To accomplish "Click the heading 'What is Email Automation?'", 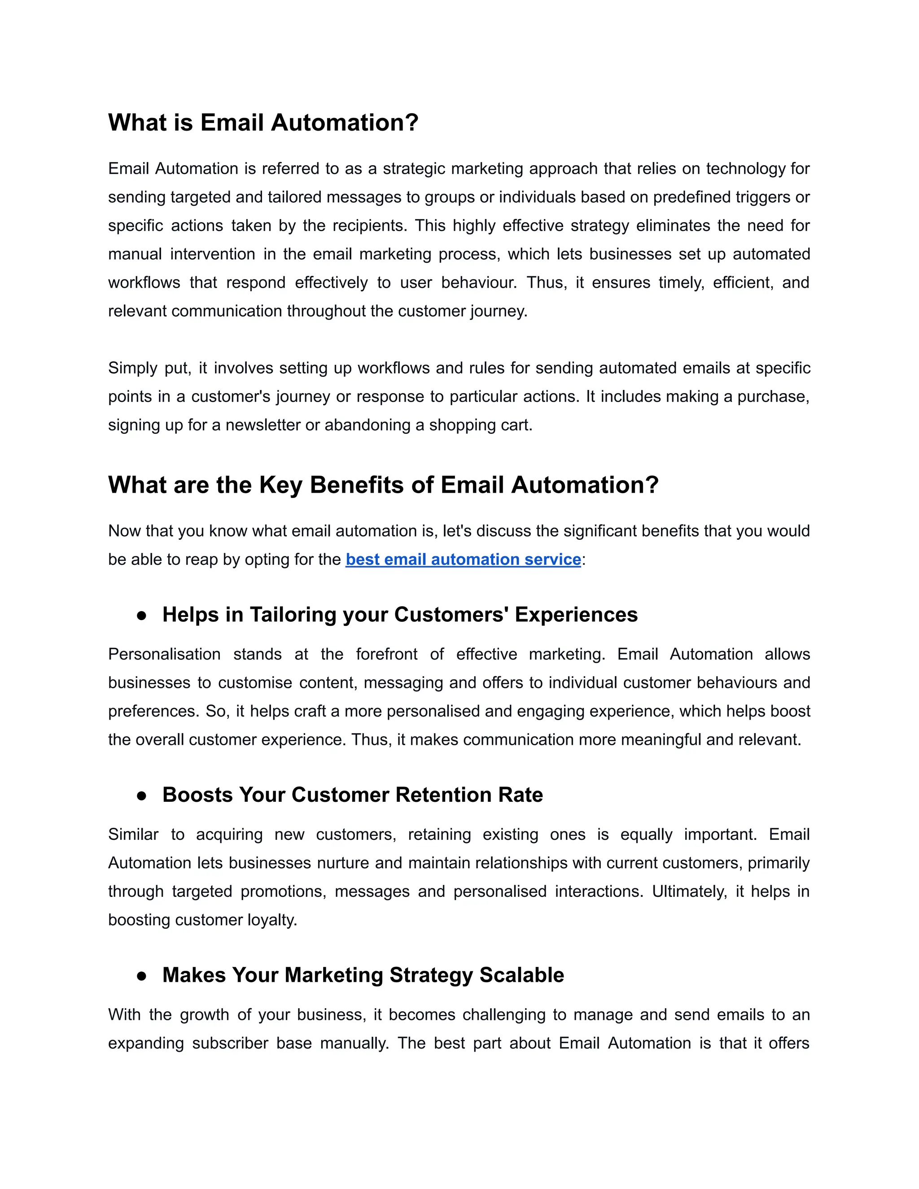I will tap(263, 122).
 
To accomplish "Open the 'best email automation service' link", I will tap(463, 559).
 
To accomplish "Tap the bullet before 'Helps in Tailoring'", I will tap(141, 616).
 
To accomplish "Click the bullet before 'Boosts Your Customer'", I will tap(141, 796).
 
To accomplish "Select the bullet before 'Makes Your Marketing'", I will tap(141, 976).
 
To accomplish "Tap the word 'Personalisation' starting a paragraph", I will tap(164, 654).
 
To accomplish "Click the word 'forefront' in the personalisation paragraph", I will tap(386, 654).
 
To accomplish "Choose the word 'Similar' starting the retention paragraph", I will tap(133, 834).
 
